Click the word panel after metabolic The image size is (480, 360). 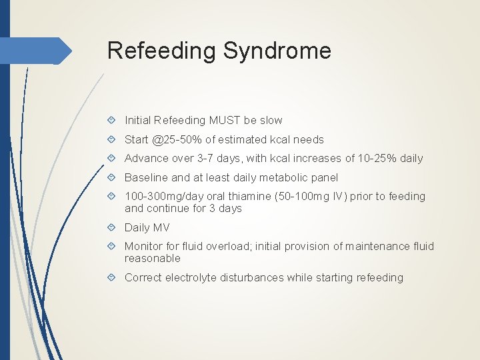coord(323,177)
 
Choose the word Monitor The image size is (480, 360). coord(143,246)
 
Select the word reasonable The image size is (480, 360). coord(153,258)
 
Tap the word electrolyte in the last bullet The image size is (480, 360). coord(190,277)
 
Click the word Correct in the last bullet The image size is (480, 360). coord(143,277)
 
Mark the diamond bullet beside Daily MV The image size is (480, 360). coord(113,227)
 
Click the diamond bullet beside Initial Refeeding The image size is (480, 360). coord(113,121)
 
